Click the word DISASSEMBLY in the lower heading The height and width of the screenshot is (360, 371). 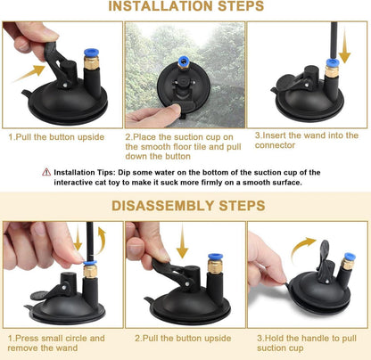click(162, 206)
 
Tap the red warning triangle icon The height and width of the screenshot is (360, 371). click(46, 172)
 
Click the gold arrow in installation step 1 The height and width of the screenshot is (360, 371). click(29, 73)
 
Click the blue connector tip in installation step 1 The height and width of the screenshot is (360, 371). click(91, 53)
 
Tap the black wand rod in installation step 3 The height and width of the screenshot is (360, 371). click(334, 41)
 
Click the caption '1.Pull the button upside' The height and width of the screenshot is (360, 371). click(56, 137)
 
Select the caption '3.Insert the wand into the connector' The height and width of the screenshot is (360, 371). click(307, 140)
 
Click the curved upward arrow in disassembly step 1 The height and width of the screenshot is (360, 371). click(101, 241)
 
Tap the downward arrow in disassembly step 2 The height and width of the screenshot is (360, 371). click(182, 241)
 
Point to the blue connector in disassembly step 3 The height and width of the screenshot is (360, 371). click(350, 257)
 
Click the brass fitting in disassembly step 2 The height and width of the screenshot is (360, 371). click(215, 266)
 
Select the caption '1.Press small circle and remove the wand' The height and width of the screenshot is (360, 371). click(56, 343)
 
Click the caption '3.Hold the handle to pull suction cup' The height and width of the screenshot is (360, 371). click(307, 343)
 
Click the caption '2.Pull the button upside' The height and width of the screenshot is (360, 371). click(183, 339)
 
